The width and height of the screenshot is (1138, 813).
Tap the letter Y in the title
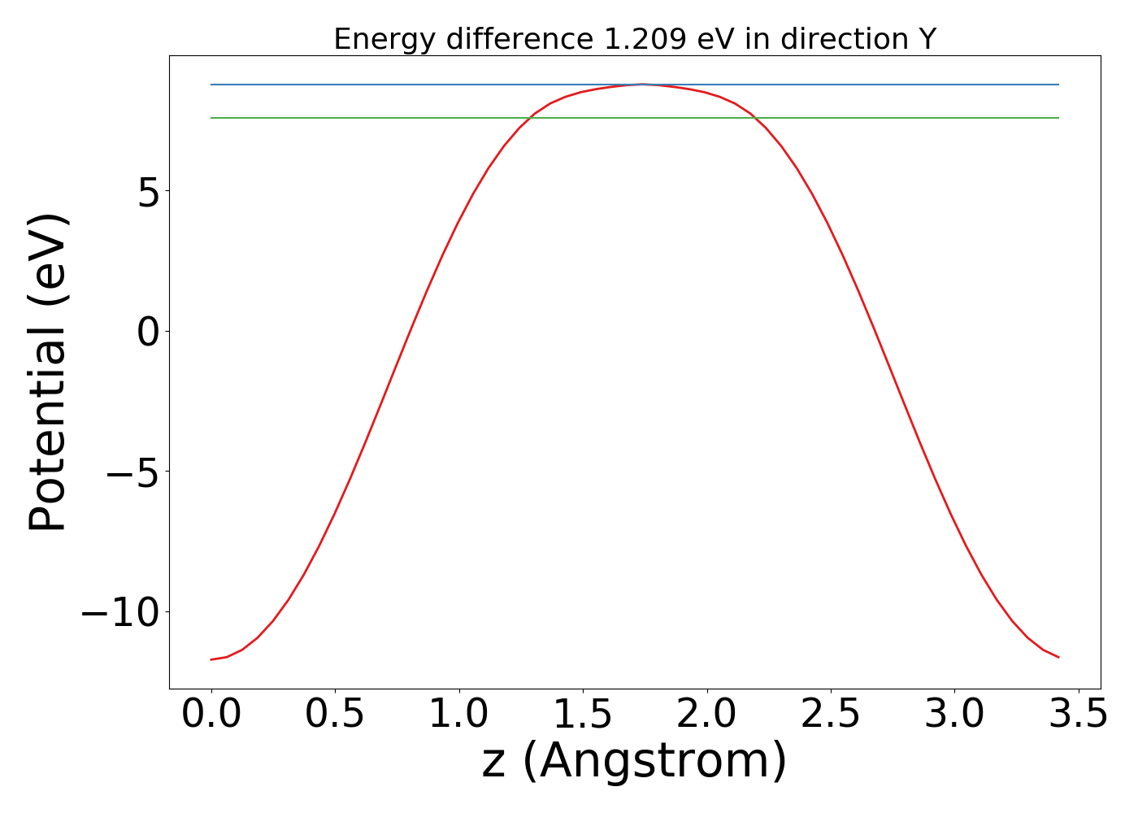coord(927,39)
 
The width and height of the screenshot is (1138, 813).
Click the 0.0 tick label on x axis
coord(211,715)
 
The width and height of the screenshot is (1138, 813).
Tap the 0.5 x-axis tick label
coord(335,715)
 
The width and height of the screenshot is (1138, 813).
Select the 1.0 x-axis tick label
coord(459,715)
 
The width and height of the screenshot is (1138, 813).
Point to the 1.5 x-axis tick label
coord(583,715)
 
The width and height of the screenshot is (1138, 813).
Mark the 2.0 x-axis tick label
coord(707,715)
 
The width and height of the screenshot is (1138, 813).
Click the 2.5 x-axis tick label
coord(831,715)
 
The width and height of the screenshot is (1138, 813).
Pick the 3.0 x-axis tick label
coord(955,715)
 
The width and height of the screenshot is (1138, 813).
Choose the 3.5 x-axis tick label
coord(1079,715)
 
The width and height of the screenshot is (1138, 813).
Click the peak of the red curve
coord(642,84)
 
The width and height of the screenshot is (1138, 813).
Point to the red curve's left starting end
coord(211,659)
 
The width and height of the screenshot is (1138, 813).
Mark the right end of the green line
coord(1058,118)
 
